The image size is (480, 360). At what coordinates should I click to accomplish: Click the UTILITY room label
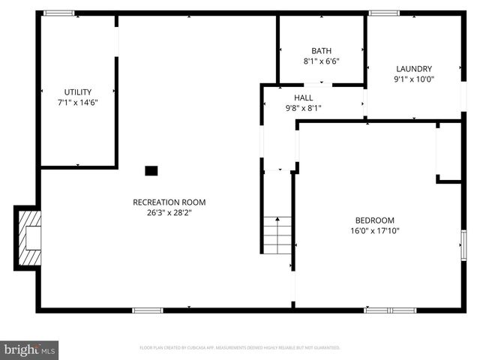coord(78,91)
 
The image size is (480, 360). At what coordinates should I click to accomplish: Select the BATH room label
coord(322,51)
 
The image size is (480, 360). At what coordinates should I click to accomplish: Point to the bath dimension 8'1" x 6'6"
coord(322,61)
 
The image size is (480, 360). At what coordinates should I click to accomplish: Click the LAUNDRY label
coord(414,69)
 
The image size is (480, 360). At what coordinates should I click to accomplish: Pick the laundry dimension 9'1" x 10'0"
coord(414,79)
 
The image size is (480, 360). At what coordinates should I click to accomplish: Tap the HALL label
coord(303,98)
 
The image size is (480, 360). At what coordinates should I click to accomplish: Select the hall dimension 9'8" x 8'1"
coord(303,108)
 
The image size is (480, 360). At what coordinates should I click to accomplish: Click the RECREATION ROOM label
coord(169,202)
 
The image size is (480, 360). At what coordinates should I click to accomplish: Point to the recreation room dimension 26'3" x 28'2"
coord(169,212)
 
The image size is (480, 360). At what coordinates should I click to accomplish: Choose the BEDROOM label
coord(374,220)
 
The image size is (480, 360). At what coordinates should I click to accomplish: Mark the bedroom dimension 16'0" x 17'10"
coord(374,231)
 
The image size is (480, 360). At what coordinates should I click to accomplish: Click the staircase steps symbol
coord(277,235)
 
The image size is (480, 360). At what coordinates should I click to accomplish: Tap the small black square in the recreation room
coord(151,171)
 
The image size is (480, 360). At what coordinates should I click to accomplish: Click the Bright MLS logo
coord(30,349)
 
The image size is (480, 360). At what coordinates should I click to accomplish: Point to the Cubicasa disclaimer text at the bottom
coord(240,348)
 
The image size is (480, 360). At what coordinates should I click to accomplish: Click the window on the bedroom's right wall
coord(463,247)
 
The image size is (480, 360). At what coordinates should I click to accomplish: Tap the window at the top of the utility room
coord(58,13)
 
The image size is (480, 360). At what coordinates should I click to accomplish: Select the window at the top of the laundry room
coord(384,13)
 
